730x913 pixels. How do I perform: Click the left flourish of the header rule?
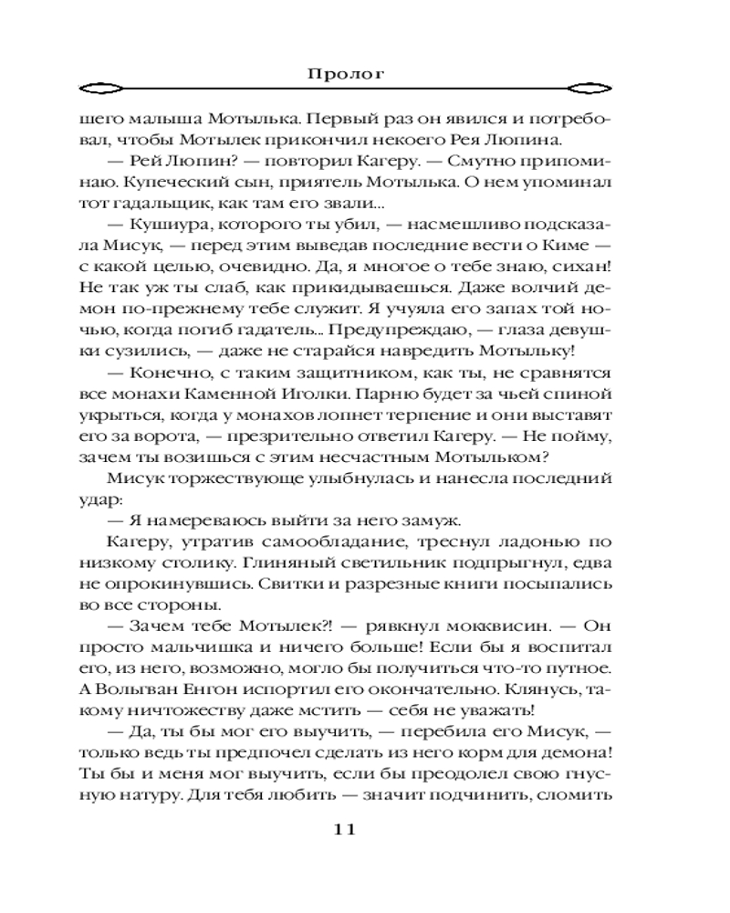pos(98,90)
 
